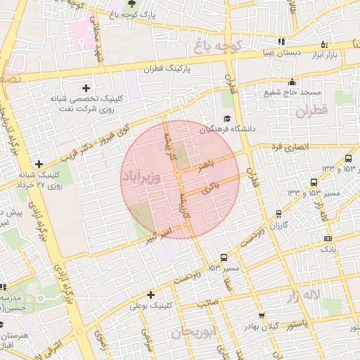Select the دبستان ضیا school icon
pyautogui.click(x=282, y=41)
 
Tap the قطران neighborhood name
pyautogui.click(x=312, y=112)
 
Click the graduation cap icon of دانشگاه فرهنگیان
pyautogui.click(x=227, y=119)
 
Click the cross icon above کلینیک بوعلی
pyautogui.click(x=150, y=295)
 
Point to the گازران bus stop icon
pyautogui.click(x=280, y=213)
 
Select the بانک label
pyautogui.click(x=328, y=250)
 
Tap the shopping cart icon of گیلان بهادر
pyautogui.click(x=262, y=316)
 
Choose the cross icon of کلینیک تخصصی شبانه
pyautogui.click(x=86, y=88)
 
